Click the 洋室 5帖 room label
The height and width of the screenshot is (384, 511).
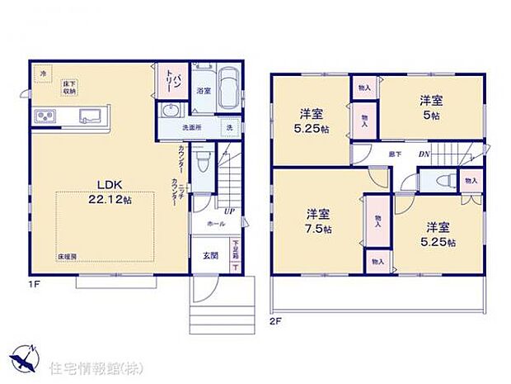click(x=431, y=107)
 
